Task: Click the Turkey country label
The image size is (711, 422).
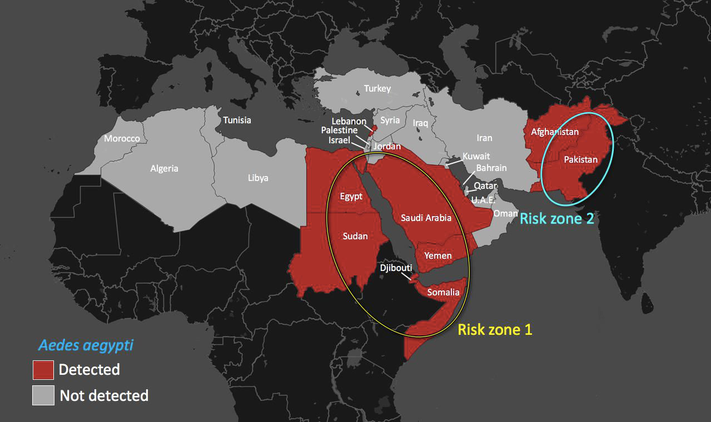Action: tap(377, 89)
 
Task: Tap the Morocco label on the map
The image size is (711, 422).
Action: tap(122, 138)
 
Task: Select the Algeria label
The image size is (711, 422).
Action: tap(165, 168)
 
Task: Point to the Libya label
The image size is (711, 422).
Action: tap(258, 178)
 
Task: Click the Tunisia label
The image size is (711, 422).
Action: tap(237, 120)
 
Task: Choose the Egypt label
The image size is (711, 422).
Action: tap(351, 196)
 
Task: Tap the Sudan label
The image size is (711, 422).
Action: tap(355, 236)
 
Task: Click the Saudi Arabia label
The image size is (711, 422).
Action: tap(426, 218)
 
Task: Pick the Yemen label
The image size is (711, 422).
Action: tap(438, 256)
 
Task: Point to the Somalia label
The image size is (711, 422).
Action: tap(443, 292)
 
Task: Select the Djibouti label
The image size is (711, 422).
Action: tap(396, 268)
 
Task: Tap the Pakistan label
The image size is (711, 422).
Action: tap(581, 160)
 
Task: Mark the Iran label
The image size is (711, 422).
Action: tap(484, 138)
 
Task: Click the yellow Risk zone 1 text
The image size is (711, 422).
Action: tap(495, 330)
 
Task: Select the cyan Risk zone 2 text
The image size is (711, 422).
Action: tap(557, 219)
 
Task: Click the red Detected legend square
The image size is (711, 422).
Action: tap(43, 370)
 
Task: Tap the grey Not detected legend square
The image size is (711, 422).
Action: tap(43, 395)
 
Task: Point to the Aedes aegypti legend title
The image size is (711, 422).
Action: tap(86, 345)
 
